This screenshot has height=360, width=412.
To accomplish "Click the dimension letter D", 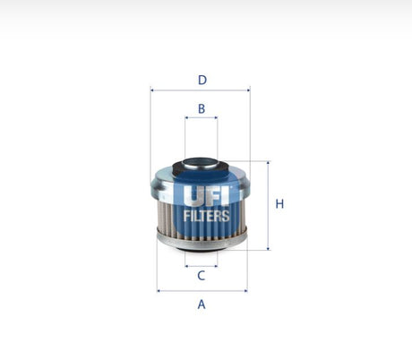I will (x=202, y=80).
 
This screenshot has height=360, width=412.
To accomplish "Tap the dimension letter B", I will (x=202, y=108).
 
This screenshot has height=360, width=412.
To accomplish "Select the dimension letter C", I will (x=202, y=276).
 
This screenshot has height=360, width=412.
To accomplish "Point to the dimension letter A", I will (x=202, y=304).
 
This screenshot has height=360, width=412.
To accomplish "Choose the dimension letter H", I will (x=279, y=204).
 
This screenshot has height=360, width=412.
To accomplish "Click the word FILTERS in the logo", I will (x=206, y=216).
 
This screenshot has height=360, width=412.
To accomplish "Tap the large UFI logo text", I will (x=206, y=195).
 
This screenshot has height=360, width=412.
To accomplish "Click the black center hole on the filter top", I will (x=201, y=165).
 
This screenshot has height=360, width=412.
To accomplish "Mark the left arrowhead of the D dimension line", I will (x=152, y=90).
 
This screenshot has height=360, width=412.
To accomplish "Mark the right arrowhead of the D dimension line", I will (x=248, y=90).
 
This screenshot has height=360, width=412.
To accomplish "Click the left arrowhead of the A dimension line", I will (x=159, y=290).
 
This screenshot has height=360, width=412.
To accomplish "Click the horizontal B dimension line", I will (x=202, y=120).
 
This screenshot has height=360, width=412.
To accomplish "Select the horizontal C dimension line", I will (x=202, y=266).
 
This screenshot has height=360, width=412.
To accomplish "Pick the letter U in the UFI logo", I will (x=193, y=195).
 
